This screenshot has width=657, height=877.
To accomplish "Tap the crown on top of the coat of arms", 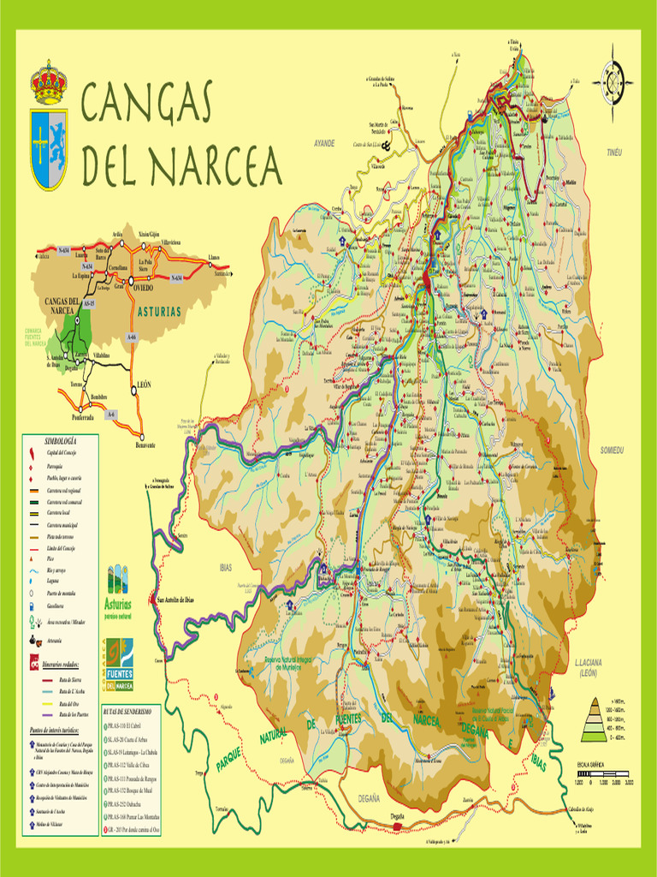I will (49, 84).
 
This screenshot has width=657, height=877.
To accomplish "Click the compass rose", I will (613, 82).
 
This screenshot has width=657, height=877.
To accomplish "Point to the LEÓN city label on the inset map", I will (144, 385).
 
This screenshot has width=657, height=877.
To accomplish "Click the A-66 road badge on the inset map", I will (132, 338).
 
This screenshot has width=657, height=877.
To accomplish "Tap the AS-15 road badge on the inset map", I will (89, 303).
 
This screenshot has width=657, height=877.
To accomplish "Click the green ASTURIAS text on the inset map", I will (159, 311).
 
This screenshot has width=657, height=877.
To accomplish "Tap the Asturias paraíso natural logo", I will (118, 591).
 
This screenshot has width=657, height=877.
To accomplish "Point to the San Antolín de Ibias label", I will (175, 600).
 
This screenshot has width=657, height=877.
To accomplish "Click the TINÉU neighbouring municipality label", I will (614, 152).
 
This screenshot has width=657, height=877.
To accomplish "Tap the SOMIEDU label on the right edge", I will (613, 450).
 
